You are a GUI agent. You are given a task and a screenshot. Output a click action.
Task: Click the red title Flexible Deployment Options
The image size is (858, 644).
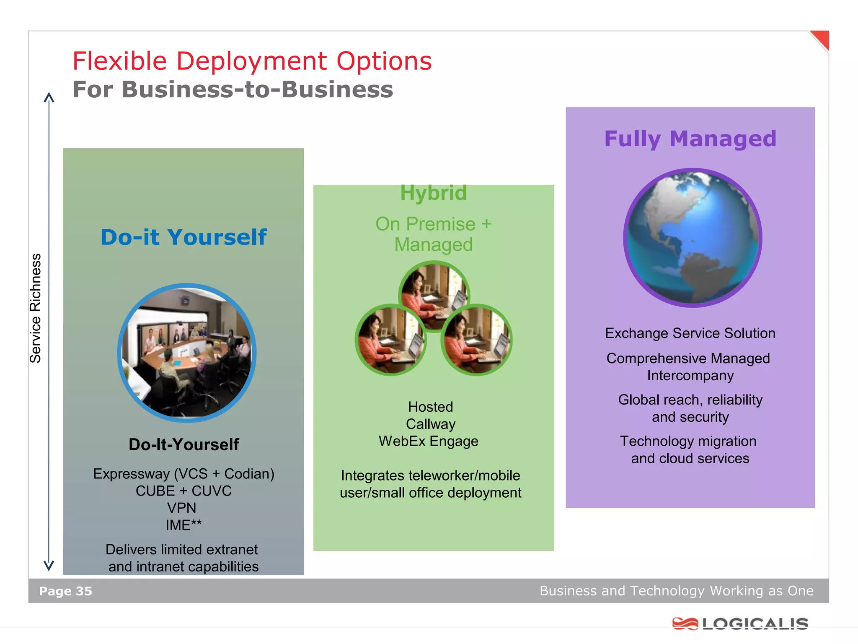[252, 61]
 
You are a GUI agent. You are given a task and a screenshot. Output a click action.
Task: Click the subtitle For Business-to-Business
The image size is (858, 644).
[233, 90]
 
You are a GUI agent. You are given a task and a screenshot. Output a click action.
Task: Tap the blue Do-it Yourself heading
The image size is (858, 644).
[183, 237]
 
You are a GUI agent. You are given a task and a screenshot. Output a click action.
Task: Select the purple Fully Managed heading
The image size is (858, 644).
[690, 139]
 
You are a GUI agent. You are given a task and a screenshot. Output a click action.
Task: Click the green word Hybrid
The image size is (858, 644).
[433, 193]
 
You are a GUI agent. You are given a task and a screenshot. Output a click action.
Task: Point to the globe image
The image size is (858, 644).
[693, 238]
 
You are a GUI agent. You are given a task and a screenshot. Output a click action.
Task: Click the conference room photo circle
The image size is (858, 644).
[187, 353]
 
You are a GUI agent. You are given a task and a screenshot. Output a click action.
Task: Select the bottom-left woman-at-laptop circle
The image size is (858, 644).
[390, 340]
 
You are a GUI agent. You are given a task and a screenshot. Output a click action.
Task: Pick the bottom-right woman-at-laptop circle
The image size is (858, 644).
[477, 340]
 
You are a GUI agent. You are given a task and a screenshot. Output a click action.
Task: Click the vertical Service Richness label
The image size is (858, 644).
[36, 308]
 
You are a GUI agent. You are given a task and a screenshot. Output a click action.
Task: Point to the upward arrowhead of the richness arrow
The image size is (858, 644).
[49, 97]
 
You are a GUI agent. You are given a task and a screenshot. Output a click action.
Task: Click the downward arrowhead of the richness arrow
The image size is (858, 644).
[49, 566]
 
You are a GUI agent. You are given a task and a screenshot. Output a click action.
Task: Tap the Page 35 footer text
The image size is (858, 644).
[65, 591]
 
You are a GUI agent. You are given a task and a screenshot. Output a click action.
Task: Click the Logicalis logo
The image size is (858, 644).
[740, 623]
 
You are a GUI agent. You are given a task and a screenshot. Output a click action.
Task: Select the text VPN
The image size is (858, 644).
[181, 508]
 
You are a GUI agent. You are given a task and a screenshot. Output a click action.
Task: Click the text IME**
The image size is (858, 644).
[183, 525]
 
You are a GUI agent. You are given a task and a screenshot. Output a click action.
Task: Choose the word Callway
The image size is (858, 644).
[431, 424]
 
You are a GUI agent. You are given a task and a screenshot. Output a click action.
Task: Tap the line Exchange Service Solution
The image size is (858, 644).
[690, 333]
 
